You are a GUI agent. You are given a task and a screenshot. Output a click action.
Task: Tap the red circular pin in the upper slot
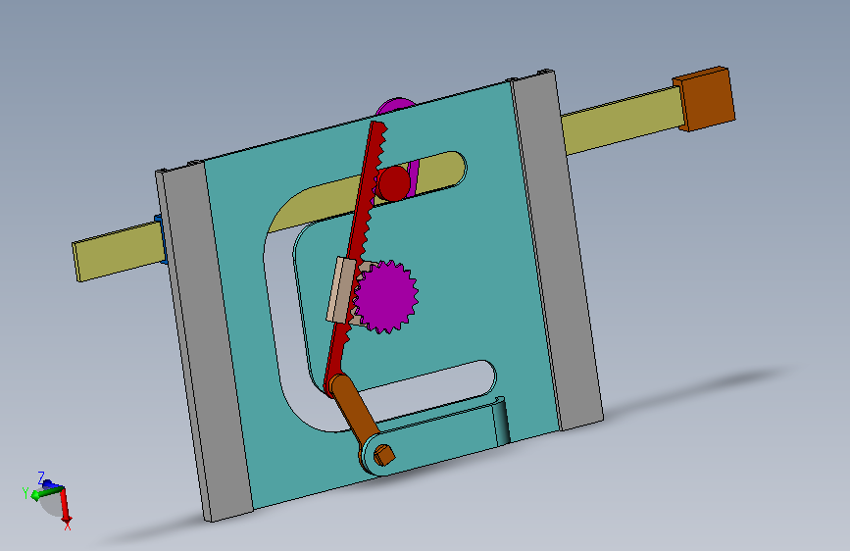[x=394, y=182]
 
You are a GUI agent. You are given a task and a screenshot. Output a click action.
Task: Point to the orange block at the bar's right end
[x=705, y=98]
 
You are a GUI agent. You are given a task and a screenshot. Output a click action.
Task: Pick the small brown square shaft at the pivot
[x=384, y=454]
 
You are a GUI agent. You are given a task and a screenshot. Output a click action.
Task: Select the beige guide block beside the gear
[x=340, y=290]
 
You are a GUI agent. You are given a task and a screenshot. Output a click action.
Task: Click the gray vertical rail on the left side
[x=204, y=343]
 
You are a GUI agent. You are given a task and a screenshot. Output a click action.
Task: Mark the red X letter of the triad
[x=68, y=526]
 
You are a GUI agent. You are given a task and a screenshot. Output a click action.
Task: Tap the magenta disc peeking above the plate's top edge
[x=395, y=105]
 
